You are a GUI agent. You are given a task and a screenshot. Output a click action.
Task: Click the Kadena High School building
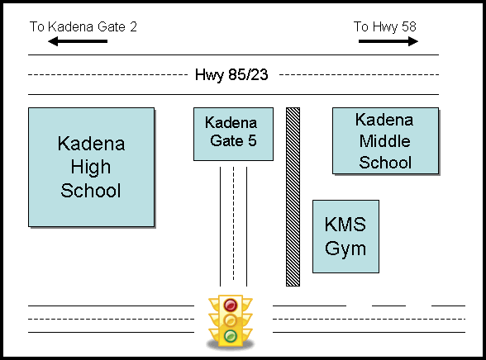tap(92, 167)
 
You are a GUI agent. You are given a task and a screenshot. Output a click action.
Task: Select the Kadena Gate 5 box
tap(233, 134)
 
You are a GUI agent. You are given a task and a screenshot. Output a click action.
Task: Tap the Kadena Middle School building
tap(385, 141)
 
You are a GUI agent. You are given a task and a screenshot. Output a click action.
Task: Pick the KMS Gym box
tap(345, 236)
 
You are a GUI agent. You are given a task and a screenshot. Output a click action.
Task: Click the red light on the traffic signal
tap(231, 305)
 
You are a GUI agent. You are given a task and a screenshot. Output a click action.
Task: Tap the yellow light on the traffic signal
tap(231, 320)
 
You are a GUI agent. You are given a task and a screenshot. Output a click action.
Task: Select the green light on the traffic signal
tap(231, 336)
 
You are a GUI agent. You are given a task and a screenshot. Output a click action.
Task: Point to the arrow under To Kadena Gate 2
tap(78, 41)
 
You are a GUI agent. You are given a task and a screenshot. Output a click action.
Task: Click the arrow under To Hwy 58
tap(388, 41)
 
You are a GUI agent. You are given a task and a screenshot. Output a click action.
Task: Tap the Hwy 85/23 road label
tap(231, 74)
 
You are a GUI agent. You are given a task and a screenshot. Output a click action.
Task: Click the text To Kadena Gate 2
tap(83, 26)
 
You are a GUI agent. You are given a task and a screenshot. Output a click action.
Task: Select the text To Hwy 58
tap(385, 27)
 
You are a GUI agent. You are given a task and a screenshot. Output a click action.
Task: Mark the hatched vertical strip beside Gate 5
tap(293, 197)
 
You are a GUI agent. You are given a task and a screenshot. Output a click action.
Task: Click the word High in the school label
tap(91, 168)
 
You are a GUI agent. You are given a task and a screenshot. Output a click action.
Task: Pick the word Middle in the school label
tap(385, 141)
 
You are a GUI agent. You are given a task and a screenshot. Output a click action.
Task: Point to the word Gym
tap(345, 249)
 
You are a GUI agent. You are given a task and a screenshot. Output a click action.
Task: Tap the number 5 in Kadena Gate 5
tap(252, 141)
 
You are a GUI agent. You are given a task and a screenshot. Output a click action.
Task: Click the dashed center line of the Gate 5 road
tap(233, 224)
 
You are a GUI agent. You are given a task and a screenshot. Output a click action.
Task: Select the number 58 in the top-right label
tap(409, 26)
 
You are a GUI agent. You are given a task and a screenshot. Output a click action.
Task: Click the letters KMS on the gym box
tap(345, 224)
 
